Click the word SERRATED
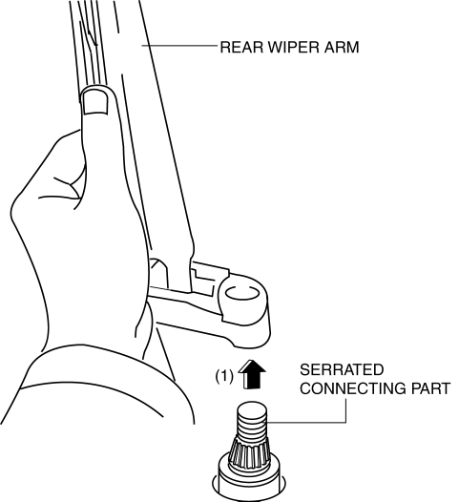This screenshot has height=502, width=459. [x=342, y=369]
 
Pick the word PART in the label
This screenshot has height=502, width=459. [x=429, y=388]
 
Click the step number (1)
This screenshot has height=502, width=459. [x=224, y=376]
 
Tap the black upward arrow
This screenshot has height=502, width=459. [x=252, y=374]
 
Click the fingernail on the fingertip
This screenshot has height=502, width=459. [x=95, y=101]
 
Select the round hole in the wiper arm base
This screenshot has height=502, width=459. [x=242, y=293]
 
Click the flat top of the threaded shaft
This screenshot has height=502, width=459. [x=252, y=407]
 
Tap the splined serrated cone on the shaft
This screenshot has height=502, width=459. [x=251, y=451]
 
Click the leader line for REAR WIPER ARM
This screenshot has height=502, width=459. [x=179, y=46]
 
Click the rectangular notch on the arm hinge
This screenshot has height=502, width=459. [x=202, y=275]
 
